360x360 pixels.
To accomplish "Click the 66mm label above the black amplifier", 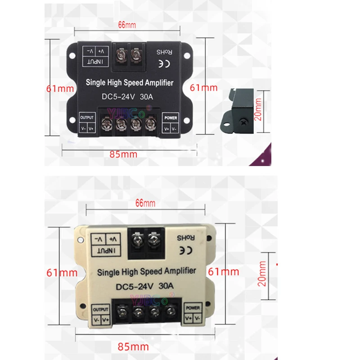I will tap(127, 24).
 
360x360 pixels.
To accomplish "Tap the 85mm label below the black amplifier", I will tap(123, 154).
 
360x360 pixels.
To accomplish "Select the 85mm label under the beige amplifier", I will tap(134, 346).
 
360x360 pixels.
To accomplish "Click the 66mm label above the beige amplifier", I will tap(145, 203).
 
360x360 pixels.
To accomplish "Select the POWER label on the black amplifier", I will tap(171, 118).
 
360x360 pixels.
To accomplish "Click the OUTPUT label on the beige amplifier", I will tap(101, 310).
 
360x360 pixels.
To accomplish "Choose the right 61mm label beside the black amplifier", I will tap(203, 88).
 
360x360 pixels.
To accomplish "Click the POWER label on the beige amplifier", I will tap(193, 308).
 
